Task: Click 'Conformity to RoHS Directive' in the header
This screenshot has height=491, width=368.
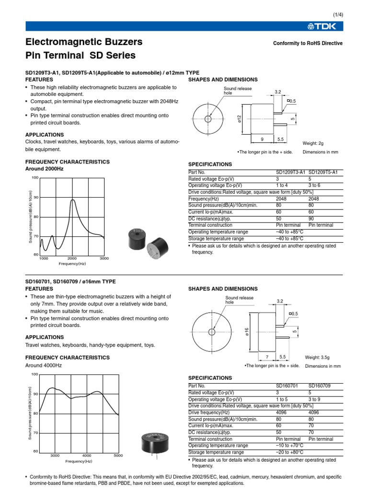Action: pyautogui.click(x=308, y=43)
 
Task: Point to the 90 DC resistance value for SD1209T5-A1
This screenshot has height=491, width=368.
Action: pyautogui.click(x=311, y=218)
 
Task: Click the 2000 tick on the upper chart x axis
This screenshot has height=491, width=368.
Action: pyautogui.click(x=72, y=258)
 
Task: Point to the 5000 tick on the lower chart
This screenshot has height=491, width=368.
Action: pyautogui.click(x=118, y=455)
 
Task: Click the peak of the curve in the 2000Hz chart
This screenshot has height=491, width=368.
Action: pyautogui.click(x=73, y=200)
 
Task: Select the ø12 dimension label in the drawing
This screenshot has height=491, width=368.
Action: pyautogui.click(x=239, y=118)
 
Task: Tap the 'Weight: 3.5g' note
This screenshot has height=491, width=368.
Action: pyautogui.click(x=318, y=357)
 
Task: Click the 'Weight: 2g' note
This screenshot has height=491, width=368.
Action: pyautogui.click(x=313, y=143)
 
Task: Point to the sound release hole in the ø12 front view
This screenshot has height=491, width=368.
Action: pyautogui.click(x=208, y=119)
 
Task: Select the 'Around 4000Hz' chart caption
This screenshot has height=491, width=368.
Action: pyautogui.click(x=43, y=365)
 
